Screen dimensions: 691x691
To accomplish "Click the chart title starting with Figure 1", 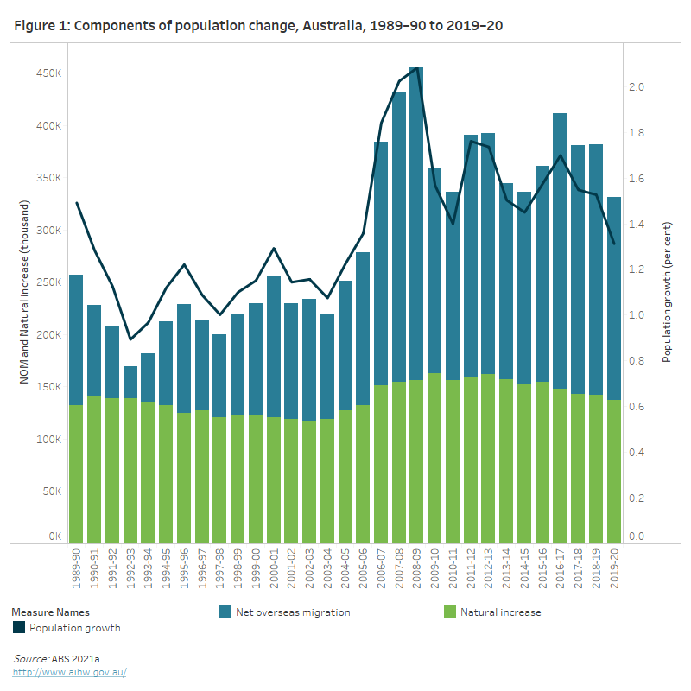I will pyautogui.click(x=258, y=26).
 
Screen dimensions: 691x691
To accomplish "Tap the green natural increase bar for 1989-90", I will pyautogui.click(x=76, y=473).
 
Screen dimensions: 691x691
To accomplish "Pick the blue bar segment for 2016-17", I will pyautogui.click(x=560, y=250).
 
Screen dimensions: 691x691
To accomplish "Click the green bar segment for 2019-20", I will pyautogui.click(x=614, y=471).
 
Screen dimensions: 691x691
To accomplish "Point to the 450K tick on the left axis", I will pyautogui.click(x=48, y=73).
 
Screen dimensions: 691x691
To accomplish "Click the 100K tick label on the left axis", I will pyautogui.click(x=48, y=440).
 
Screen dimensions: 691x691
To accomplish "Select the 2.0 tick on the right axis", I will pyautogui.click(x=637, y=87).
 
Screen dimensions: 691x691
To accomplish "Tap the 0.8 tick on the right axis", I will pyautogui.click(x=637, y=361).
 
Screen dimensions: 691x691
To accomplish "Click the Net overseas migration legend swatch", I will pyautogui.click(x=225, y=612).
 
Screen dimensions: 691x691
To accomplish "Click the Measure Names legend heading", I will pyautogui.click(x=51, y=612).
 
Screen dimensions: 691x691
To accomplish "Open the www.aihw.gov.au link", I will pyautogui.click(x=70, y=672).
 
